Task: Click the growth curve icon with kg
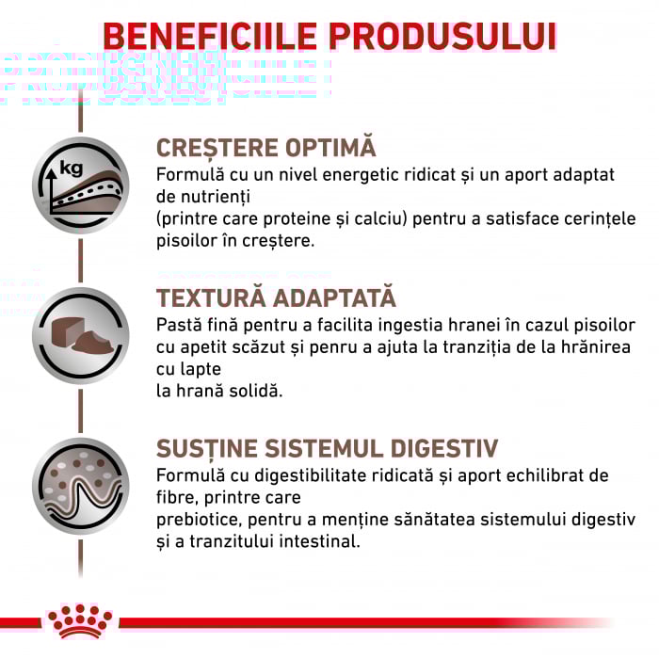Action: [x=80, y=184]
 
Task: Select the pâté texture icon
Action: [x=80, y=335]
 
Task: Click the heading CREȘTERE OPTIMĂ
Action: [x=265, y=149]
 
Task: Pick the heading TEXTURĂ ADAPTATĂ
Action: [x=276, y=298]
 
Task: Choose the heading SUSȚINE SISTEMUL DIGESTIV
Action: [x=328, y=448]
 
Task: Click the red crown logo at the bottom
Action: [x=79, y=621]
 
